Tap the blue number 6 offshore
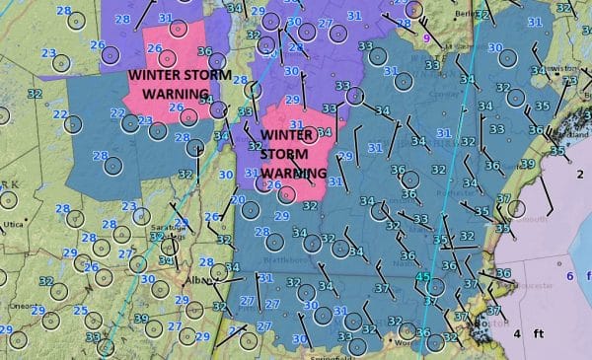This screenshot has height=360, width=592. tap(570, 276)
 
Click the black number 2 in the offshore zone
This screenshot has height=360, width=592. tap(580, 175)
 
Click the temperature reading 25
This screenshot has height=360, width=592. tap(80, 311)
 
